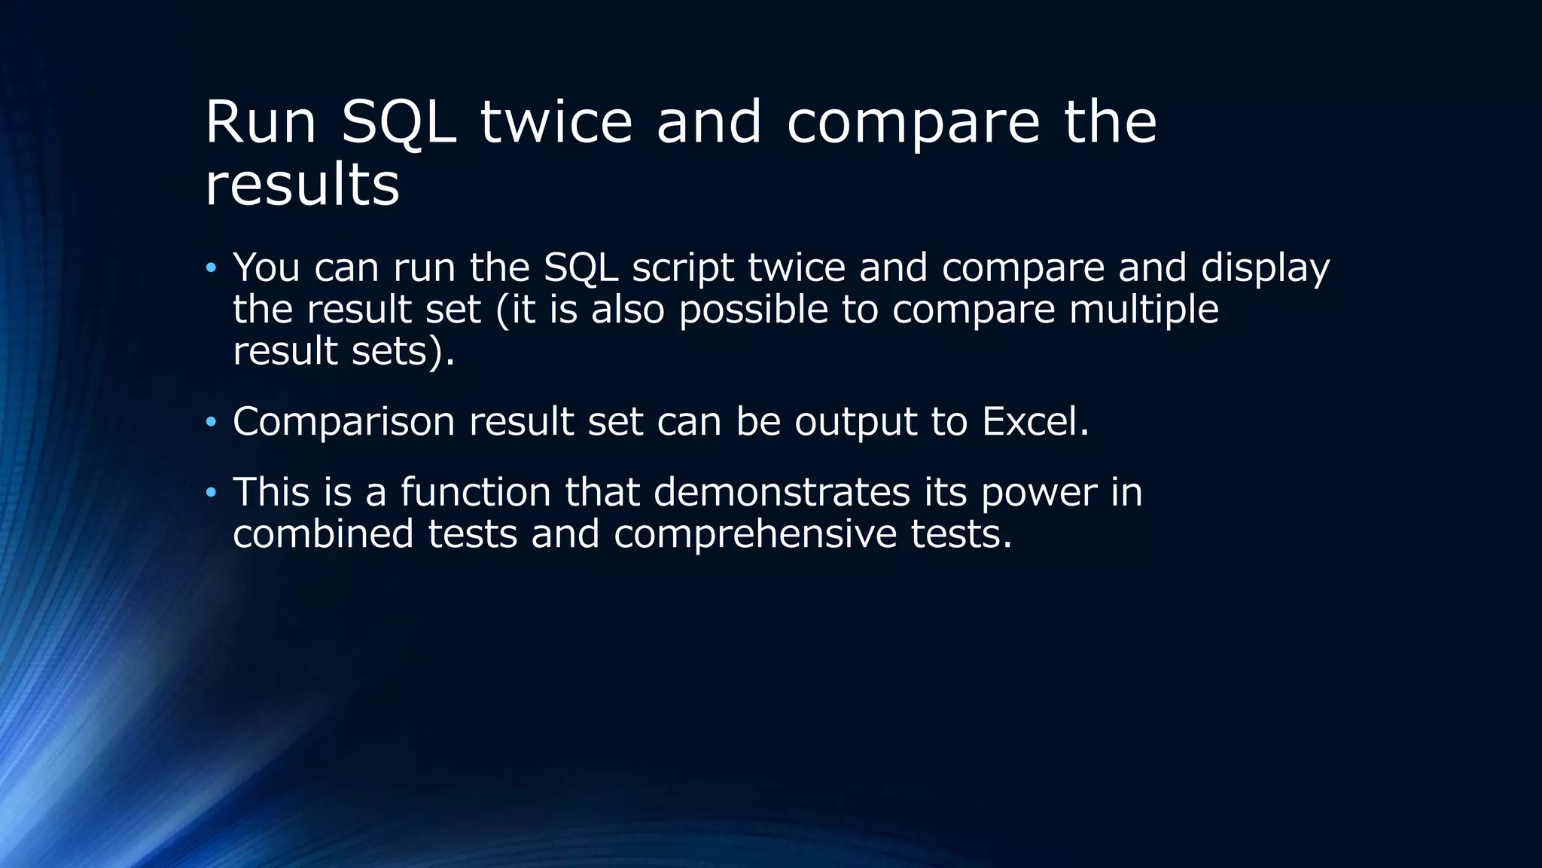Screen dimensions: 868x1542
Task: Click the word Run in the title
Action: coord(260,122)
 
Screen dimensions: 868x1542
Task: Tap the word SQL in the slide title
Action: coord(398,122)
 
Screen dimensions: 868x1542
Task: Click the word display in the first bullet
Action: coord(1265,267)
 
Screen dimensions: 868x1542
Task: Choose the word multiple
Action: coord(1144,310)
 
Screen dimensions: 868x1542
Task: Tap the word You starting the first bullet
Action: coord(267,267)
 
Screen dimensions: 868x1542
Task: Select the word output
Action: coord(855,423)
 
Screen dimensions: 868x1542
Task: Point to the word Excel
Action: coord(1035,421)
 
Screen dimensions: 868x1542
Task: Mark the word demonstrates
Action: coord(782,492)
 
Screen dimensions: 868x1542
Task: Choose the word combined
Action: coord(323,533)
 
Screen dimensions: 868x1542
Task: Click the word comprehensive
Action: coord(755,535)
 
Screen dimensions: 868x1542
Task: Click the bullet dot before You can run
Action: coord(211,268)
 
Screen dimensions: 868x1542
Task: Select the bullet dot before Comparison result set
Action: coord(211,422)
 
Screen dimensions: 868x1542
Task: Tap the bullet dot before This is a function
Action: coord(211,493)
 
